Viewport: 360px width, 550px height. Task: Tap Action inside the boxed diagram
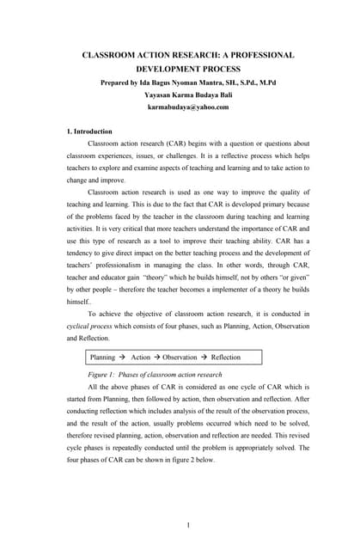140,357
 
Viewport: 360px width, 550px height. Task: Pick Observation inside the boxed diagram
180,357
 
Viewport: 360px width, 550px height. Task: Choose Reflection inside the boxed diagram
226,357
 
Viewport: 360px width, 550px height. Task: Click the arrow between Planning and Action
122,357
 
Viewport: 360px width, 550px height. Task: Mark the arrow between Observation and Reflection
204,357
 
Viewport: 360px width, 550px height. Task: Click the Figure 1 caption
155,375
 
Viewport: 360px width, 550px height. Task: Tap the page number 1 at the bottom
187,525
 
